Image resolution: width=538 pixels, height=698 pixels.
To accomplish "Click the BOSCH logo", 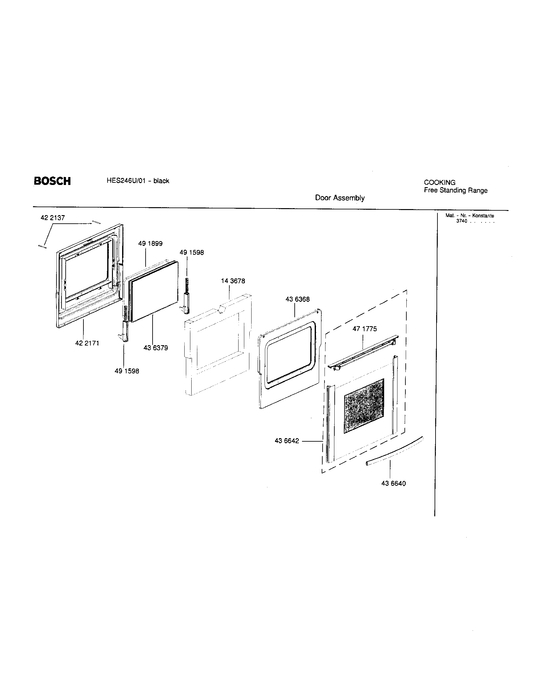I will [52, 181].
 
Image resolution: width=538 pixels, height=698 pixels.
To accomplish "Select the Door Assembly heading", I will [340, 198].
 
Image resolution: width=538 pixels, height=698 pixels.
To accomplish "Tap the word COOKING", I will [439, 182].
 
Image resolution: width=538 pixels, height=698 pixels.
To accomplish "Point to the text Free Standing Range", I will [455, 190].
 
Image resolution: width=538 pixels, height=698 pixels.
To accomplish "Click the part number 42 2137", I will [53, 218].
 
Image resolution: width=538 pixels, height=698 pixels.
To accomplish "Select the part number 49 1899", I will [150, 244].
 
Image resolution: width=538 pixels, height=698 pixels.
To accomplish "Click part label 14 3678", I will [233, 281].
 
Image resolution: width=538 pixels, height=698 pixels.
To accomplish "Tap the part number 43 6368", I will [297, 300].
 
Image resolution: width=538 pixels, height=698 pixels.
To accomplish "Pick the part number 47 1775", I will [364, 329].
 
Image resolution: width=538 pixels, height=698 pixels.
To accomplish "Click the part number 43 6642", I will [286, 441].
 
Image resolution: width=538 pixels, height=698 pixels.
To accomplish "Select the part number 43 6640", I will [393, 484].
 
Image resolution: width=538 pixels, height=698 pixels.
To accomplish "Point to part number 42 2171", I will [87, 343].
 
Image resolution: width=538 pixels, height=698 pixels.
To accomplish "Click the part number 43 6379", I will [155, 348].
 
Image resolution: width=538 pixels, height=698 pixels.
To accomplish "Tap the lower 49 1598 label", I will [127, 372].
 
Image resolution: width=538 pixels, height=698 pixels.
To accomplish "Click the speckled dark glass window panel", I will [364, 406].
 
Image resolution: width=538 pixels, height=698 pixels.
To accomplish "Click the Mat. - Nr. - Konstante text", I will [469, 216].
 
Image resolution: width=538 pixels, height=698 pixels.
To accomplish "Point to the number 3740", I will [462, 221].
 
